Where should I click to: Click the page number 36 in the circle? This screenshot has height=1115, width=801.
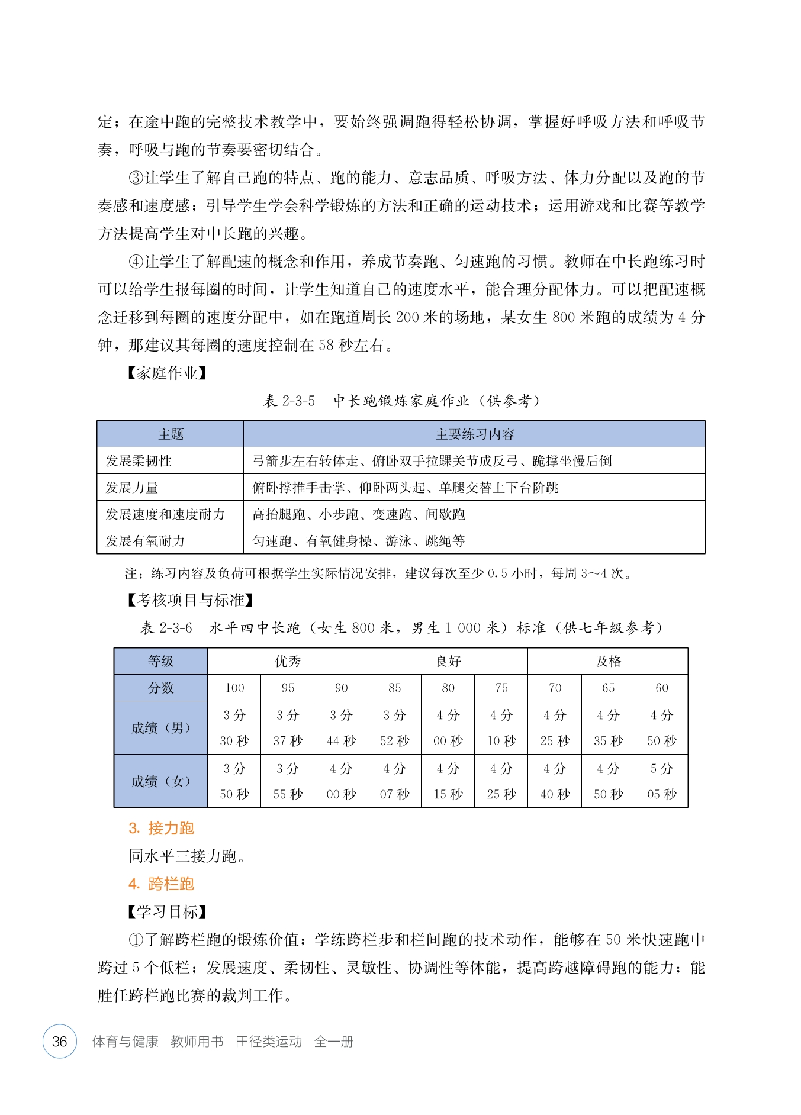(x=60, y=1041)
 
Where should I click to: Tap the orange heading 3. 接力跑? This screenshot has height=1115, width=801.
(x=161, y=828)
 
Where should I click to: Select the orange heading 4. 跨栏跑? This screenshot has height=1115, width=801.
(x=161, y=884)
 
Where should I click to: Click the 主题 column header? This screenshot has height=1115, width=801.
(x=171, y=434)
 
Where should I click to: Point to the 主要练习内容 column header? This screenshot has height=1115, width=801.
(x=474, y=434)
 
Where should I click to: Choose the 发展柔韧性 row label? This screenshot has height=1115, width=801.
(x=139, y=461)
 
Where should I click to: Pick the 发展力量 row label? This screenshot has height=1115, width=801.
(x=132, y=488)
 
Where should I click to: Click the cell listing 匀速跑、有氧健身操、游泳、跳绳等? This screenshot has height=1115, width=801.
(x=359, y=541)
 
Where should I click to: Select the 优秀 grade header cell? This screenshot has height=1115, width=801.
(x=288, y=661)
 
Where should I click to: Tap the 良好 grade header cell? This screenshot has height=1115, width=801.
(x=448, y=661)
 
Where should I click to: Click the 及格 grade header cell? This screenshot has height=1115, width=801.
(x=608, y=661)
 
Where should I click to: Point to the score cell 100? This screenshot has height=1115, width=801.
(x=234, y=688)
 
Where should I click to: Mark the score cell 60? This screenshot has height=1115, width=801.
(x=661, y=688)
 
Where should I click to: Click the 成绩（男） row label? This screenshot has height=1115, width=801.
(x=161, y=728)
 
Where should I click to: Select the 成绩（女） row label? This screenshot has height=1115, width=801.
(x=161, y=781)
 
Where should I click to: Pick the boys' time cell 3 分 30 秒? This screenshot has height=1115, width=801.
(x=234, y=728)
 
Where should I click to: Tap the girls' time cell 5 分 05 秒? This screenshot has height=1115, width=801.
(x=661, y=781)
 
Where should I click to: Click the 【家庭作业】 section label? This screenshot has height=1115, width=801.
(x=167, y=373)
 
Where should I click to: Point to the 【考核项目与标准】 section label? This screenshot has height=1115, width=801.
(x=190, y=600)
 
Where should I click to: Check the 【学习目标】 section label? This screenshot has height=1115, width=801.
(x=167, y=911)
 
